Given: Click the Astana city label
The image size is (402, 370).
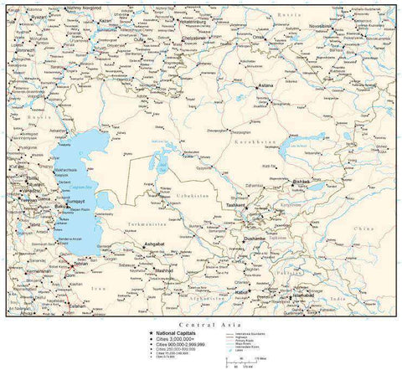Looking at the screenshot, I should click(266, 85).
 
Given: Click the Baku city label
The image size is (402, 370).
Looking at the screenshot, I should click(36, 200).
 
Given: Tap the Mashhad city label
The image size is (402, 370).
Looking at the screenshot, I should click(163, 271).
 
